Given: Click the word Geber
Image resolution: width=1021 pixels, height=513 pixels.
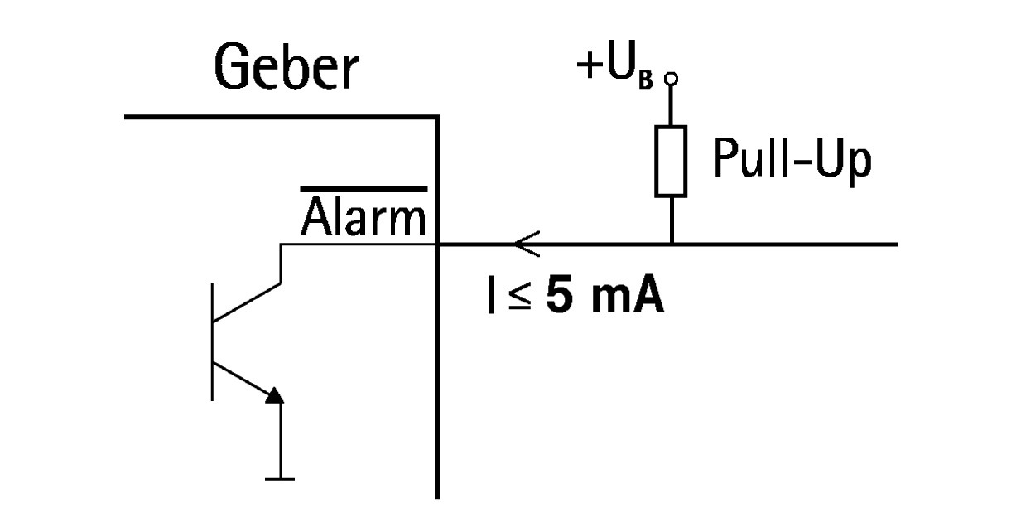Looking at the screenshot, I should click(x=286, y=68).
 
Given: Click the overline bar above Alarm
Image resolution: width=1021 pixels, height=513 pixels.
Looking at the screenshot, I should click(x=364, y=190).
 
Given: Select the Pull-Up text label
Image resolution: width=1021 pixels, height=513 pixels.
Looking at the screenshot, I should click(x=792, y=161).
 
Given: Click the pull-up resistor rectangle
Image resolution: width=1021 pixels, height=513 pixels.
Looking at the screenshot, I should click(x=671, y=162).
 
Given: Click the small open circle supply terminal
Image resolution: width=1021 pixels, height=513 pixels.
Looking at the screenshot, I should click(x=672, y=79).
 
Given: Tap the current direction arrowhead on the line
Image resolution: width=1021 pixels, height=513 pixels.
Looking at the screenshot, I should click(x=524, y=244).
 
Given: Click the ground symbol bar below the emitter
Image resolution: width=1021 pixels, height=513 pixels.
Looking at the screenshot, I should click(x=281, y=478).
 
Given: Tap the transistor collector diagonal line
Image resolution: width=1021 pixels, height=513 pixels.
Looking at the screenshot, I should click(x=247, y=302).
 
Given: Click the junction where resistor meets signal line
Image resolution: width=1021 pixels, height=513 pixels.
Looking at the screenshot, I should click(x=672, y=244).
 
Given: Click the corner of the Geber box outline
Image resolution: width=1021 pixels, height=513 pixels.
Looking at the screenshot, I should click(x=436, y=118).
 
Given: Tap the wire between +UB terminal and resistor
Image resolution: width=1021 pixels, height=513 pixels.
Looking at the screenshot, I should click(x=672, y=105).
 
